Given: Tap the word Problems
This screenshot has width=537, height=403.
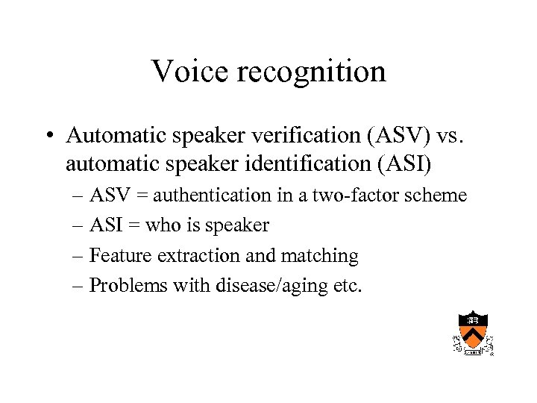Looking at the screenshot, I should tap(125, 285).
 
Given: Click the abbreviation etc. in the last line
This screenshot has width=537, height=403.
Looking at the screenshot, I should tap(346, 285).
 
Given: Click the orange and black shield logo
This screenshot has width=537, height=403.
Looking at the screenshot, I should tap(473, 332).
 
